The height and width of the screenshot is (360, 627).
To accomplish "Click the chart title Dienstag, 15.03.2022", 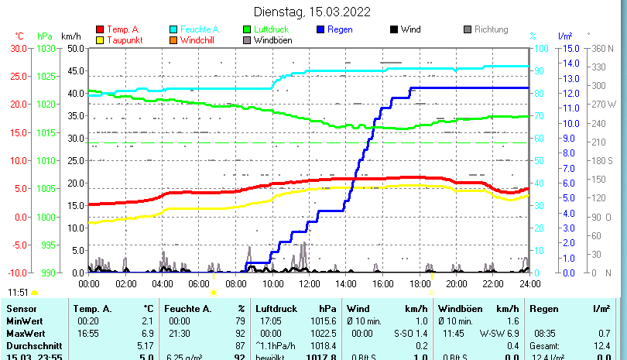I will (x=313, y=12).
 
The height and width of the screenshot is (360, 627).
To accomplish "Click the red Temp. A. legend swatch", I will (x=100, y=29).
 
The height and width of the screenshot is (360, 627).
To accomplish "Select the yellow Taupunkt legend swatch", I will (x=100, y=39).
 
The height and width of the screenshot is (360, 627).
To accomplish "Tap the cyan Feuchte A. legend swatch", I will (x=174, y=29).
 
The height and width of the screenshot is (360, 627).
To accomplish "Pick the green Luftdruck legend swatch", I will (x=248, y=29).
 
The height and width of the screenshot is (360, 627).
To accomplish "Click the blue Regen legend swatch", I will (x=321, y=29).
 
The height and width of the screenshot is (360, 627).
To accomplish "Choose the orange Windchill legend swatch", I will (x=174, y=39).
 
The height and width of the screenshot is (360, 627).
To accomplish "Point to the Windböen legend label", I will (x=272, y=39).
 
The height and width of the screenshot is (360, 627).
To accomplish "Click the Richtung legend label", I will (x=491, y=29).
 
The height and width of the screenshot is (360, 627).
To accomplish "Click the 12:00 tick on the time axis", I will (x=309, y=284).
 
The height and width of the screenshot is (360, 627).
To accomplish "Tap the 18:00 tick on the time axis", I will (x=420, y=284).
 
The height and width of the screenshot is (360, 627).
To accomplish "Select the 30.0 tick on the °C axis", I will (x=19, y=48).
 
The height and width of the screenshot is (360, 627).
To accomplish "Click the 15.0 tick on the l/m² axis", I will (x=567, y=48).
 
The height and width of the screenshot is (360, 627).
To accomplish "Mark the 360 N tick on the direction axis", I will (x=601, y=48).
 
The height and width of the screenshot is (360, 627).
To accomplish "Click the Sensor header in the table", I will (x=21, y=309).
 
